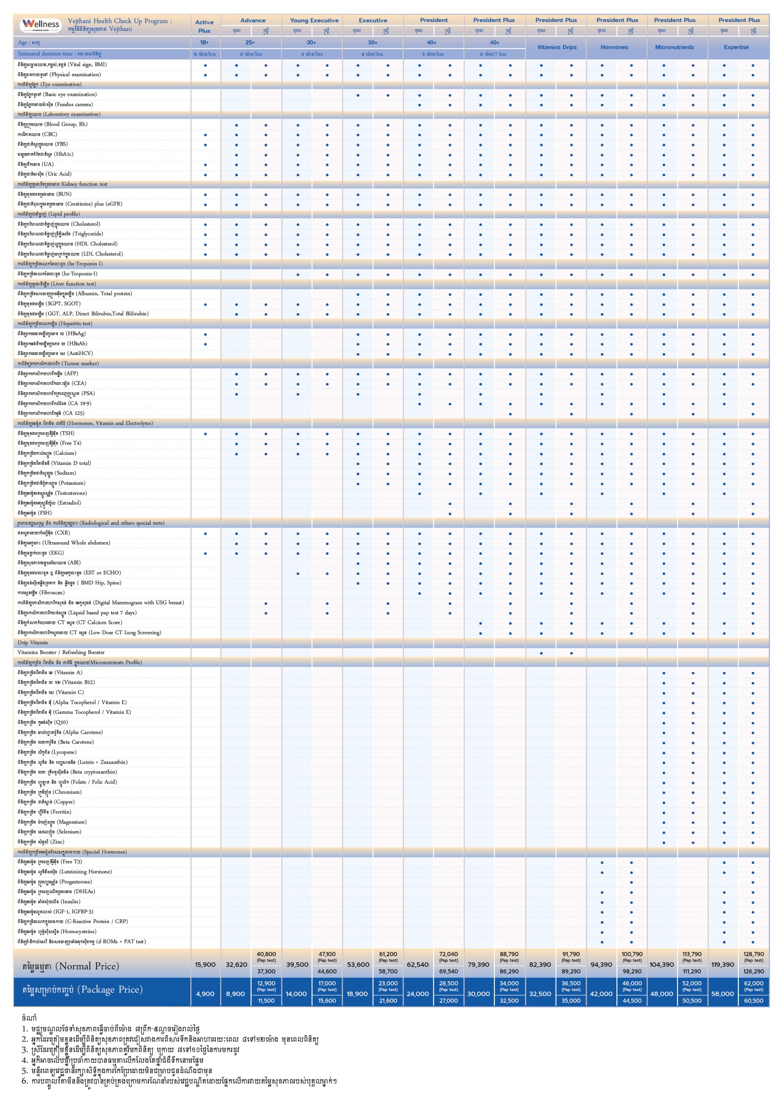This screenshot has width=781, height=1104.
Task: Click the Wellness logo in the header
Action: (x=41, y=24)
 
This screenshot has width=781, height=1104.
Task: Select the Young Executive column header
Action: (x=314, y=21)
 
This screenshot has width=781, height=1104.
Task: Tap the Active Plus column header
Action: (x=205, y=26)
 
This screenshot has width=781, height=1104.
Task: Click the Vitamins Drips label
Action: (x=556, y=47)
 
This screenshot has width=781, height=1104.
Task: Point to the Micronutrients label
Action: (x=674, y=47)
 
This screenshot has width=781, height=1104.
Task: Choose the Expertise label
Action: (x=736, y=47)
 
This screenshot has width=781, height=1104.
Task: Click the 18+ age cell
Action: (x=205, y=43)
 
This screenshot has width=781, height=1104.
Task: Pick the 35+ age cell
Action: (x=373, y=43)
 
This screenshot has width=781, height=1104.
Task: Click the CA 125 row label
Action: (x=50, y=413)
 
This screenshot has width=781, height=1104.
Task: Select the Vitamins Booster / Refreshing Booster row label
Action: (x=61, y=652)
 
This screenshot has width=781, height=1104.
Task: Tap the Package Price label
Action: (x=82, y=990)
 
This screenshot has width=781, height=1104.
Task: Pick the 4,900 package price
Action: (x=205, y=994)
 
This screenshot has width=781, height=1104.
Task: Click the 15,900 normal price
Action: (x=205, y=964)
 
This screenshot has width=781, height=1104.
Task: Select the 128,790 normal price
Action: (x=753, y=954)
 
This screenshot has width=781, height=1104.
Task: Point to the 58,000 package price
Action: (x=722, y=994)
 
